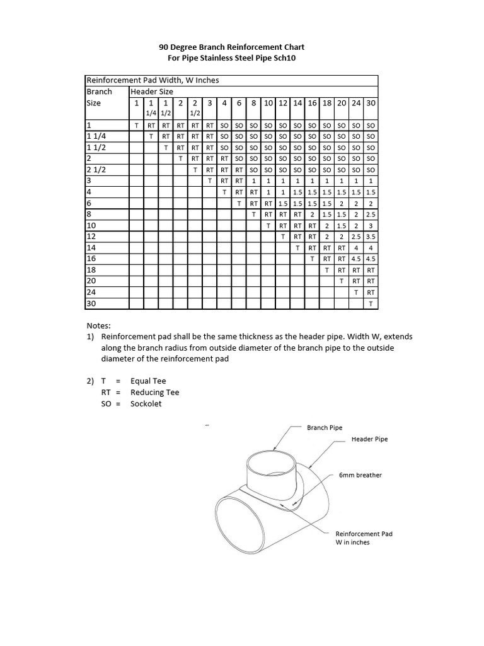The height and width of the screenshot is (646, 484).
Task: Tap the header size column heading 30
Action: coord(371,103)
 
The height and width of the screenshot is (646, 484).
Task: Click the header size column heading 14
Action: coord(297,103)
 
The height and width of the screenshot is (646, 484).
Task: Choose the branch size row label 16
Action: coord(91,259)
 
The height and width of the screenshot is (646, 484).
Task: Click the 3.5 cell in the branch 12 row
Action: coord(371,237)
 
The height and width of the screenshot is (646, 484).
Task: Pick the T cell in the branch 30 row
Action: coord(371,304)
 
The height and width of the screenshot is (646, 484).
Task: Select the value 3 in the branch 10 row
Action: coord(371,225)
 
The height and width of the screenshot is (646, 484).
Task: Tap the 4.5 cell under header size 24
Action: coord(356,259)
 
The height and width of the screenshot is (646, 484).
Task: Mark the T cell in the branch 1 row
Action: coord(137,126)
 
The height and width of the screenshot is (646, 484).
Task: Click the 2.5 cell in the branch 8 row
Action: coord(371,214)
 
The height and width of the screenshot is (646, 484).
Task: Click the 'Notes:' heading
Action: coord(98,326)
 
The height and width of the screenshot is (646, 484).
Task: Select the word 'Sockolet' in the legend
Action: coord(146,404)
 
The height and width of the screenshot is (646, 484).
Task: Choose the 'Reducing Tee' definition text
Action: coord(155,392)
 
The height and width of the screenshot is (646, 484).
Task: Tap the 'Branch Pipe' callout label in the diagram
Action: coord(325,428)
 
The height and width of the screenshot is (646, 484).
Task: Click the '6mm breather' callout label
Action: coord(360,475)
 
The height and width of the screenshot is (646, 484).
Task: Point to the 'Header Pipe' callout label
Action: coord(369,439)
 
